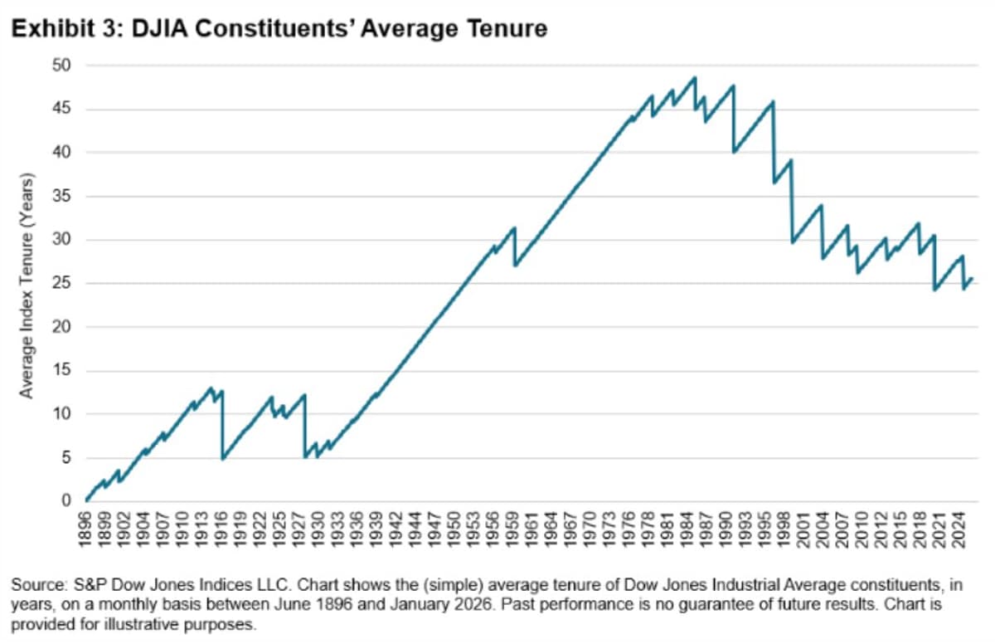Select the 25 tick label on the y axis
(66, 284)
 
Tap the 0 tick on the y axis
(70, 501)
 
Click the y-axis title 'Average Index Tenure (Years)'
(27, 285)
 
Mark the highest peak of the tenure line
(695, 78)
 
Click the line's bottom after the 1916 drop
(223, 458)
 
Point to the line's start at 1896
(86, 500)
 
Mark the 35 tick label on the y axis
(66, 197)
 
